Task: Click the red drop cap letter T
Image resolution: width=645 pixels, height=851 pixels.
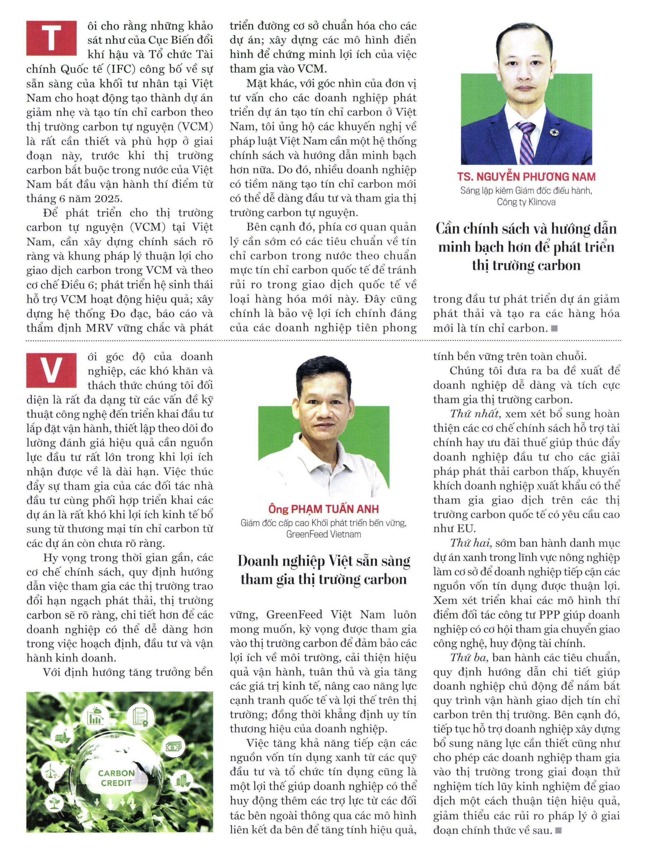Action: click(x=51, y=38)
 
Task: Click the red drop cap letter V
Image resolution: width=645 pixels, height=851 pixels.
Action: click(x=51, y=369)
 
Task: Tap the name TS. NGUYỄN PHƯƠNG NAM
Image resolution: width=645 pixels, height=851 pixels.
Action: click(x=526, y=177)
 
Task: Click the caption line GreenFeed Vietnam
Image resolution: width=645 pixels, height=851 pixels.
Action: click(x=324, y=534)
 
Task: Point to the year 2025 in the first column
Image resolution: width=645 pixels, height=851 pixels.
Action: click(x=109, y=198)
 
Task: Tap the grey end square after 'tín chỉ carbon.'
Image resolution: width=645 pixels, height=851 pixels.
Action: click(x=555, y=328)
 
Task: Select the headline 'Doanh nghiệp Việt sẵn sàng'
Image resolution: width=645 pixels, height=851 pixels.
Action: click(x=324, y=561)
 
